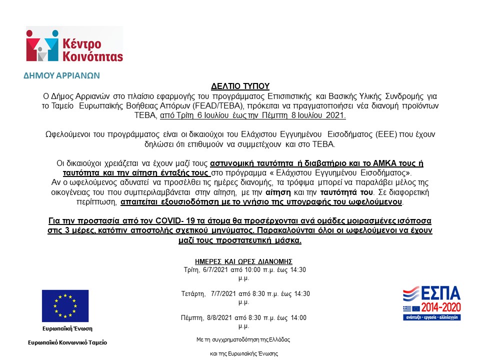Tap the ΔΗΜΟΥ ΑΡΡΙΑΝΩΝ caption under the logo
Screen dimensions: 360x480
tap(62, 76)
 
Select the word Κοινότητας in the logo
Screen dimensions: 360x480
tap(92, 55)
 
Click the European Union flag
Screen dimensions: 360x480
tap(65, 305)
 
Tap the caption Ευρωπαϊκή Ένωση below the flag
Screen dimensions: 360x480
tap(67, 328)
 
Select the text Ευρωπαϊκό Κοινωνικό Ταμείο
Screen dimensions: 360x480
tap(67, 342)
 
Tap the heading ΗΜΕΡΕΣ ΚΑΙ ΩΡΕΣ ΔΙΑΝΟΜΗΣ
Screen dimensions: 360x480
tap(243, 261)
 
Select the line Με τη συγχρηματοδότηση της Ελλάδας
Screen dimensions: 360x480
tap(243, 339)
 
